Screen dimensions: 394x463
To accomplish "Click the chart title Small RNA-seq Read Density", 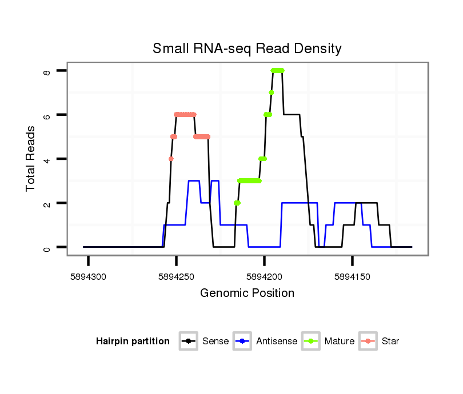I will (247, 49).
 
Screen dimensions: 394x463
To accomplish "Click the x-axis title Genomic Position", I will (247, 294).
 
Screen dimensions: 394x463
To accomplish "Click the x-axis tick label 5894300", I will (89, 276).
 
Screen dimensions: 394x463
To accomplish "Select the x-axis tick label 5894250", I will (176, 276).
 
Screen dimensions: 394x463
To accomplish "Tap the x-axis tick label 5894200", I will (264, 276).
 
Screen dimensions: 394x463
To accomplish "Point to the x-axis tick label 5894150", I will (352, 276).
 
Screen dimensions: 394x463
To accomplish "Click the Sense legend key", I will (188, 341).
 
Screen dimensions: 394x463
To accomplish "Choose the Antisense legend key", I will (242, 341).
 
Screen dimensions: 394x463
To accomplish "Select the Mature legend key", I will (310, 341).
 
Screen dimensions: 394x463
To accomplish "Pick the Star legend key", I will (368, 341).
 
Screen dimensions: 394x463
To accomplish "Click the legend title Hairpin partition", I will (133, 341).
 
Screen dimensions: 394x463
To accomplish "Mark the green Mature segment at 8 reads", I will (278, 71).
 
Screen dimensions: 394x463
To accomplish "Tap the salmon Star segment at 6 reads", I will (185, 115).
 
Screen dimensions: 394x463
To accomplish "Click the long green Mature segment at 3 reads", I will (249, 181).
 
